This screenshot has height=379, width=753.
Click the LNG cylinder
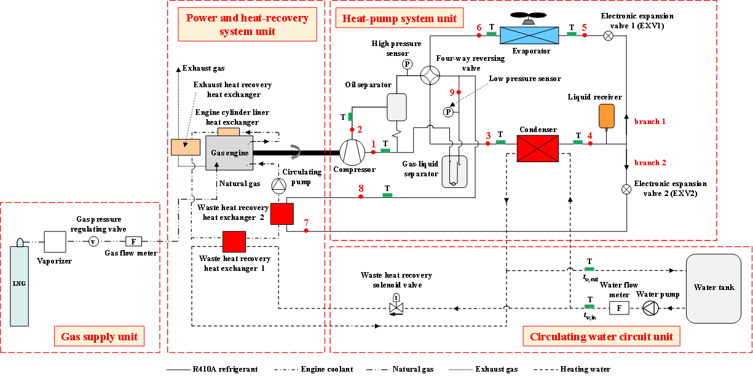[x=19, y=284]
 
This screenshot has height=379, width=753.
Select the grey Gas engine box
[x=229, y=153]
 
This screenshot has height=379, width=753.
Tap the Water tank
[x=713, y=288]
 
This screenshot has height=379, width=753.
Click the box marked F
[x=619, y=308]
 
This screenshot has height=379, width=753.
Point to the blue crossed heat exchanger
[x=529, y=36]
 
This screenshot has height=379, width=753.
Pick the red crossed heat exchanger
[x=537, y=149]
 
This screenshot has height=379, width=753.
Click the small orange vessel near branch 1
[x=606, y=115]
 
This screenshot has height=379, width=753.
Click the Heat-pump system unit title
[x=400, y=18]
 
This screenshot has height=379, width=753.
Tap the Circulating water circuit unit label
[x=601, y=337]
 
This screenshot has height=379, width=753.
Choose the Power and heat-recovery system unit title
[x=247, y=25]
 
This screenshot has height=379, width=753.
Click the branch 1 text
[x=650, y=122]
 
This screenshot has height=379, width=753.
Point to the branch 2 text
[x=650, y=163]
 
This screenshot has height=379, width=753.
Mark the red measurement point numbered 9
[x=459, y=92]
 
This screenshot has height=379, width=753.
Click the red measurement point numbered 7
[x=306, y=230]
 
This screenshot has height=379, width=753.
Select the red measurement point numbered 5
[x=585, y=35]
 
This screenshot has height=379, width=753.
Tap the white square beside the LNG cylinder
[x=55, y=241]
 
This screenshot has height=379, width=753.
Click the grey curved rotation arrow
[x=296, y=152]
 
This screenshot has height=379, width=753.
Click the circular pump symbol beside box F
[x=650, y=308]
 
